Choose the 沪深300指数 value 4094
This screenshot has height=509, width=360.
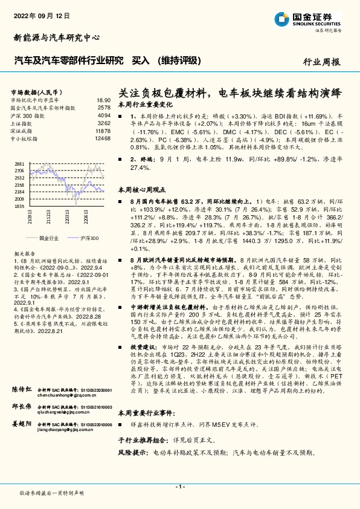pos(104,115)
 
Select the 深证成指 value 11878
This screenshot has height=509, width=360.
pos(103,131)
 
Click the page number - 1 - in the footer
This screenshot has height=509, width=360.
pos(179,486)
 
